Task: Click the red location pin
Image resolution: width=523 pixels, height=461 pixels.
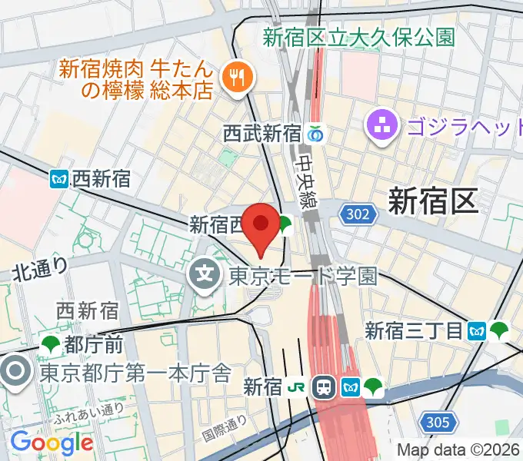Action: (261, 225)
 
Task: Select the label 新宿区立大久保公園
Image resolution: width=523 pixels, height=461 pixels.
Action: (358, 36)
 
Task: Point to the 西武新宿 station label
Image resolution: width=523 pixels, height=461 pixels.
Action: (261, 134)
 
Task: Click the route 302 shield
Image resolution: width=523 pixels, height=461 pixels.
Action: (361, 214)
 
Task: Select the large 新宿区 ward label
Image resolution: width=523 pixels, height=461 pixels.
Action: (433, 201)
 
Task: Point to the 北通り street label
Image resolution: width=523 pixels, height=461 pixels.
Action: (40, 269)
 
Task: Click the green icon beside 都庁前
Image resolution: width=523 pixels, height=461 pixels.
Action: (52, 342)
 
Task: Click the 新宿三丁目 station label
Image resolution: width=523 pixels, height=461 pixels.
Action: (414, 331)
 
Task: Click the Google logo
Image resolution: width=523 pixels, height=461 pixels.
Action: (52, 442)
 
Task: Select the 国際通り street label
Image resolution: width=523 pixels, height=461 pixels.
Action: (224, 429)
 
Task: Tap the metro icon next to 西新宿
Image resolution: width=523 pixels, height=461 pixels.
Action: (60, 180)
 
